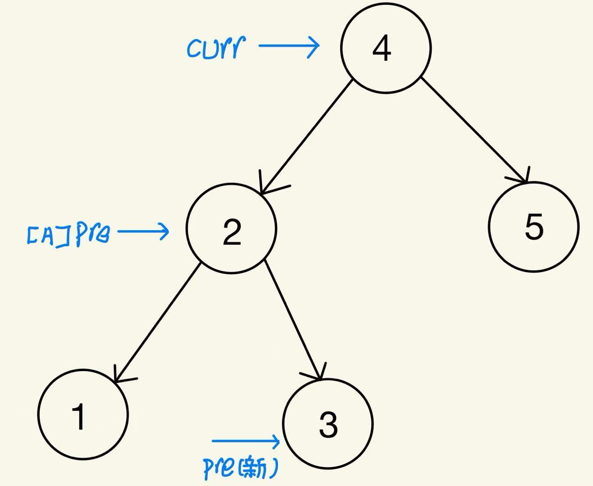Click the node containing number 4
386,48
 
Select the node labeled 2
231,228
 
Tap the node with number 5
533,227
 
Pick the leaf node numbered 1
83,414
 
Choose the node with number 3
328,424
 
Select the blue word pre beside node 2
92,234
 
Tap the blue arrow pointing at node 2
143,232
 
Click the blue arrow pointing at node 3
246,441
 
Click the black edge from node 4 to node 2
306,137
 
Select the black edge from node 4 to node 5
473,129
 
